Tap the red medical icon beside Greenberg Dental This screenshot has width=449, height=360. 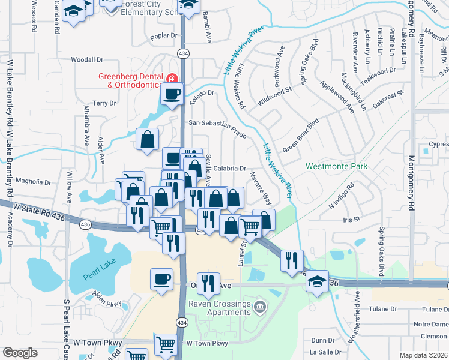tap(172, 78)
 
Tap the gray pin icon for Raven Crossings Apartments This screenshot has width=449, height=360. tap(259, 308)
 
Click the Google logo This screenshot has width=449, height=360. tap(20, 353)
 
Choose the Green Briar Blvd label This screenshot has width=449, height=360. tap(300, 139)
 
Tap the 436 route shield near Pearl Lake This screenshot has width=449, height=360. tap(85, 224)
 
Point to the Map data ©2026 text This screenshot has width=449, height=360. tap(424, 355)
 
